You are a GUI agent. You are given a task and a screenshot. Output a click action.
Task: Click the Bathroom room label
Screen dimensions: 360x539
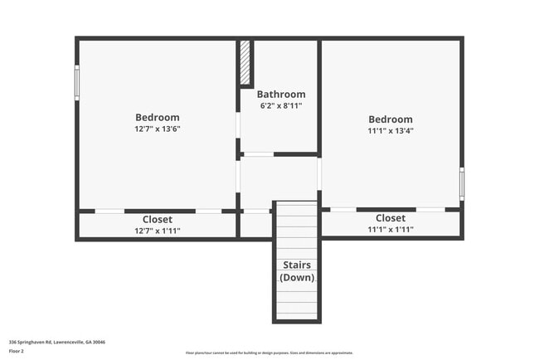pyautogui.click(x=280, y=95)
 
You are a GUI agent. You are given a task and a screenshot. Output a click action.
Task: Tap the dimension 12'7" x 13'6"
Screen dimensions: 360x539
pyautogui.click(x=158, y=129)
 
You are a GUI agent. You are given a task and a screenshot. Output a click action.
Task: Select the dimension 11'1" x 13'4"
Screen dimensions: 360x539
pyautogui.click(x=391, y=130)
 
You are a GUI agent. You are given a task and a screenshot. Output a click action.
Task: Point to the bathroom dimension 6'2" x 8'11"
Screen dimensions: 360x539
pyautogui.click(x=280, y=106)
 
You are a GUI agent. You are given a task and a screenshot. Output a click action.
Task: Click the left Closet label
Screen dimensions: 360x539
pyautogui.click(x=158, y=220)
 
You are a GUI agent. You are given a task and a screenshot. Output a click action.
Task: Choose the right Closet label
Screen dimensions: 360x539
pyautogui.click(x=391, y=218)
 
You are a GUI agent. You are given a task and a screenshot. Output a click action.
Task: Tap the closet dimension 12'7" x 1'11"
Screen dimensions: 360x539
pyautogui.click(x=158, y=231)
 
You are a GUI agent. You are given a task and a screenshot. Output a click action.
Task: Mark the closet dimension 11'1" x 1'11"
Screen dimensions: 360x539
pyautogui.click(x=391, y=229)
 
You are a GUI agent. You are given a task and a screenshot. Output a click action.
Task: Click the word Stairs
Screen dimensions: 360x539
pyautogui.click(x=296, y=265)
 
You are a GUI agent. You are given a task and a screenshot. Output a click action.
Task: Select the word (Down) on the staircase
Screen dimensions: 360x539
pyautogui.click(x=296, y=277)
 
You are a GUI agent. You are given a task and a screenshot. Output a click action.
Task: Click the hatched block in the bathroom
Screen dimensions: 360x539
pyautogui.click(x=245, y=62)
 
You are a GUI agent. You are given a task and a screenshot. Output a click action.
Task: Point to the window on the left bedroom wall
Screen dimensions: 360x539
pyautogui.click(x=77, y=83)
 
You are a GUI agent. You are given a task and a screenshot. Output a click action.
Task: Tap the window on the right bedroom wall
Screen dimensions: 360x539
pyautogui.click(x=462, y=183)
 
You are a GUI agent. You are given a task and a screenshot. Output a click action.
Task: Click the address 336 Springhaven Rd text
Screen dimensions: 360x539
pyautogui.click(x=57, y=342)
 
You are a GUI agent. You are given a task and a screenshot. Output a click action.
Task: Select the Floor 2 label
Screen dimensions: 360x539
pyautogui.click(x=17, y=352)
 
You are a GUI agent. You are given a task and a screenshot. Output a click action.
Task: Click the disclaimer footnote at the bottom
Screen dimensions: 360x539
pyautogui.click(x=269, y=353)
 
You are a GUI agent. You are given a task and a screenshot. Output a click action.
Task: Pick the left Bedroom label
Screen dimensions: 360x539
pyautogui.click(x=158, y=118)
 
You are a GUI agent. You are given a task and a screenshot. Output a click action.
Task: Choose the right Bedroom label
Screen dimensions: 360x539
pyautogui.click(x=391, y=119)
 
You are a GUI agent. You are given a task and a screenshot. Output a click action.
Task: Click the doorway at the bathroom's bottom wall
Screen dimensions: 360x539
pyautogui.click(x=258, y=154)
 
